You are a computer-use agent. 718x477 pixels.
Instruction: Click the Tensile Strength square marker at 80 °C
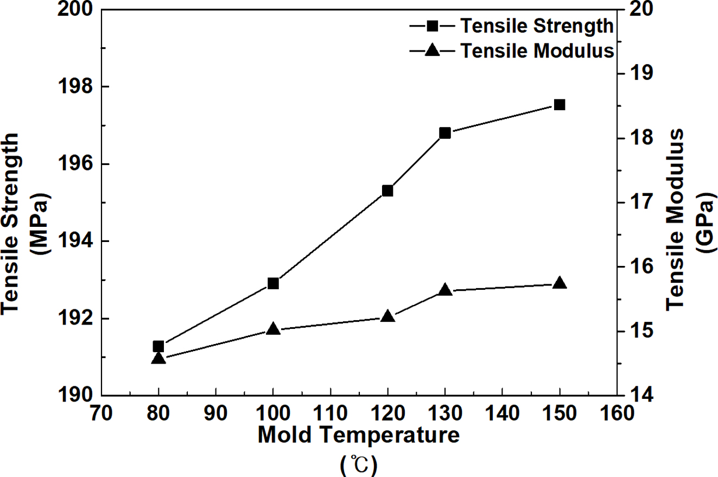(158, 346)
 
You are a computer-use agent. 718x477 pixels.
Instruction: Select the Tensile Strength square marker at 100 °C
(273, 283)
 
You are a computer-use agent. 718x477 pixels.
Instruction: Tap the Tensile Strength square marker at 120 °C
(387, 190)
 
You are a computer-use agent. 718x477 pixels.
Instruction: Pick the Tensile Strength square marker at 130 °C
(445, 133)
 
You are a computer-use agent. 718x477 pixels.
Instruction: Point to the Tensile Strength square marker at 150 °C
(560, 105)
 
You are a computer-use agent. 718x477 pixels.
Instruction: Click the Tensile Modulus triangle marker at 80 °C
(158, 358)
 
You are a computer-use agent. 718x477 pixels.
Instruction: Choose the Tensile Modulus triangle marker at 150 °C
(560, 283)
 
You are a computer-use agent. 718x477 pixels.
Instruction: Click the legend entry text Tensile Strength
(537, 25)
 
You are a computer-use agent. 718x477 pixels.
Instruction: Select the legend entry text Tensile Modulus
(537, 50)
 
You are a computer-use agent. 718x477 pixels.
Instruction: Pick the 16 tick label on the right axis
(633, 267)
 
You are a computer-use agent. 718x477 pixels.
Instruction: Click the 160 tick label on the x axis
(617, 414)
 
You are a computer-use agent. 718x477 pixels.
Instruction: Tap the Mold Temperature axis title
(359, 435)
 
